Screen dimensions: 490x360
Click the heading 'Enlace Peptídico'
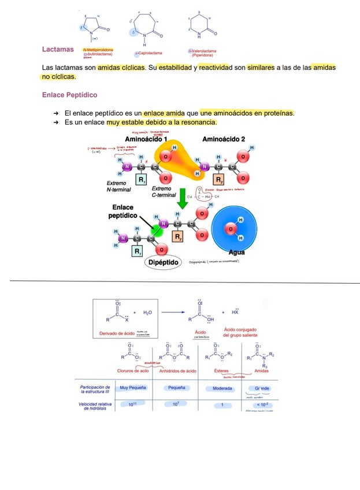click(70, 95)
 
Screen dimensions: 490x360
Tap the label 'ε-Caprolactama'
click(149, 53)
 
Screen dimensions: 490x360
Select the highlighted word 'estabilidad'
click(175, 68)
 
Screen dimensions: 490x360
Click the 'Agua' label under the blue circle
click(236, 253)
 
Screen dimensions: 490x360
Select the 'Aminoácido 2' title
click(224, 140)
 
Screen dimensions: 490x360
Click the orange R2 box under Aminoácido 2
click(219, 180)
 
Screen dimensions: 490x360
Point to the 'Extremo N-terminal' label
click(119, 186)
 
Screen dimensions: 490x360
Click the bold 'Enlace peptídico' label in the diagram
click(123, 211)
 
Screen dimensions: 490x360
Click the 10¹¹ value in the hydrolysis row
click(132, 404)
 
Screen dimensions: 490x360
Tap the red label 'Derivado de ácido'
click(115, 333)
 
